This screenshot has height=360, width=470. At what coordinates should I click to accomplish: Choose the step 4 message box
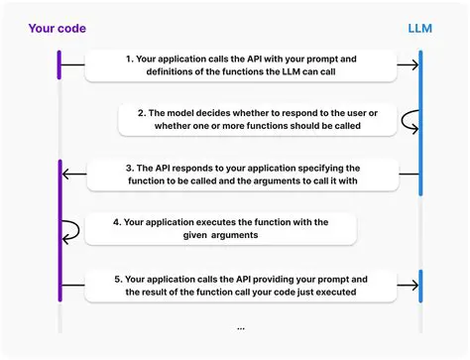coord(220,230)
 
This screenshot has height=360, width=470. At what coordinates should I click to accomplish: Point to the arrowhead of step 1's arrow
coord(413,66)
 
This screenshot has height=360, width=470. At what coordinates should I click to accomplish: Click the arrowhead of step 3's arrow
coord(66,177)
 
